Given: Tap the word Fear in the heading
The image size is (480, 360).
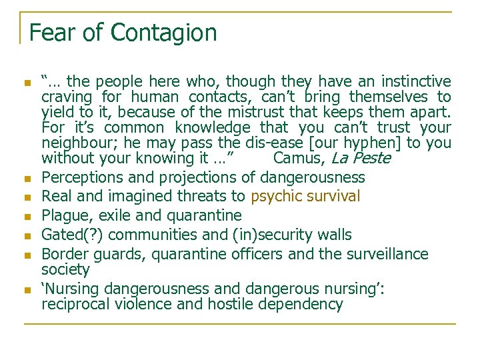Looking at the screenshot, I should pyautogui.click(x=51, y=32).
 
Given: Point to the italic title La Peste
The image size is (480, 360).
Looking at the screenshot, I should pyautogui.click(x=361, y=159).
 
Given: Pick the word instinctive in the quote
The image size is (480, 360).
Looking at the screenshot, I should pyautogui.click(x=416, y=82).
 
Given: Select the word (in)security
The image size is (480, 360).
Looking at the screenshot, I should pyautogui.click(x=273, y=235).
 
